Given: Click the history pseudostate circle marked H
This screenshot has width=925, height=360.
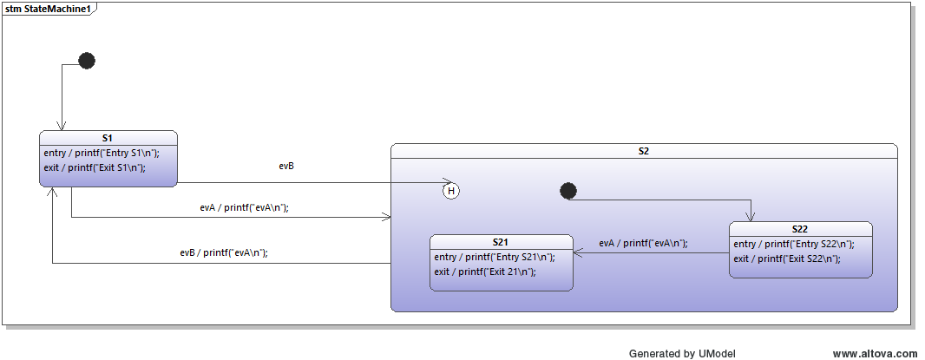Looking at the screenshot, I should pyautogui.click(x=450, y=191).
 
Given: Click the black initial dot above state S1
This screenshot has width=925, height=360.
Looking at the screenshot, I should pyautogui.click(x=87, y=61).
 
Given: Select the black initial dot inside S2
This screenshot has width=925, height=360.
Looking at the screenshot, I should pyautogui.click(x=567, y=191).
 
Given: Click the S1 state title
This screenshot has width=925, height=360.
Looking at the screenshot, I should pyautogui.click(x=108, y=138).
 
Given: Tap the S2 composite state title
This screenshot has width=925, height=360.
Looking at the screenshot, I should pyautogui.click(x=643, y=151).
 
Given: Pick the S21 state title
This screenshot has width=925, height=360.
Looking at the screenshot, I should pyautogui.click(x=502, y=242).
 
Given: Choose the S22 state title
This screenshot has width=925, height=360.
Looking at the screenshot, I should pyautogui.click(x=800, y=229).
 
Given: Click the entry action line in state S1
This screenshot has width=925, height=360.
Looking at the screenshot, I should pyautogui.click(x=102, y=153).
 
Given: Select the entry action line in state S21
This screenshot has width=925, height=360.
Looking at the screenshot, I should pyautogui.click(x=494, y=257).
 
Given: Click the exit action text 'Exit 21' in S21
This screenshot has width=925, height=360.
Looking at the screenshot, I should pyautogui.click(x=485, y=272).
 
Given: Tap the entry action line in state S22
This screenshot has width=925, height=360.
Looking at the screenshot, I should pyautogui.click(x=793, y=244).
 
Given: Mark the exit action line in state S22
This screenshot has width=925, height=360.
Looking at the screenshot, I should pyautogui.click(x=786, y=259).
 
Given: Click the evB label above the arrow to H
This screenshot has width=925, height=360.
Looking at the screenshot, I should pyautogui.click(x=286, y=166).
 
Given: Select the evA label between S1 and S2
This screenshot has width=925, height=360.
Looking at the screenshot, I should pyautogui.click(x=244, y=207).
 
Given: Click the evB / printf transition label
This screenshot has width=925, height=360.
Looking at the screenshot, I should pyautogui.click(x=224, y=252).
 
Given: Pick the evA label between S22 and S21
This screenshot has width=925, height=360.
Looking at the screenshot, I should pyautogui.click(x=643, y=243).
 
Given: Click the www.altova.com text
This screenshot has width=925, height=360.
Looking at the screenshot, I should pyautogui.click(x=875, y=353).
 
